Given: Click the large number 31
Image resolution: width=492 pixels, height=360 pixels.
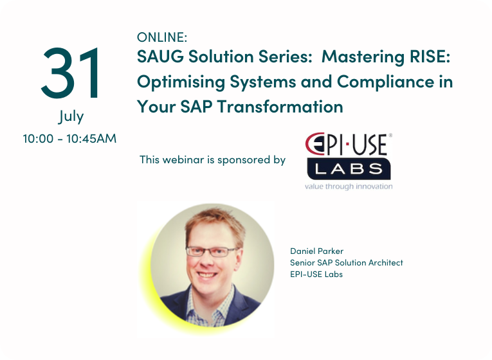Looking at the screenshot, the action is point(71,73).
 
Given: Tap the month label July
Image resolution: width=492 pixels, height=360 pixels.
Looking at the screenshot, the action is point(71,116).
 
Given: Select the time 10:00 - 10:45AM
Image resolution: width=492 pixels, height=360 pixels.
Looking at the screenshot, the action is point(69,138).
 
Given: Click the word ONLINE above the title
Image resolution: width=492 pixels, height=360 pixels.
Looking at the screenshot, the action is point(162,37).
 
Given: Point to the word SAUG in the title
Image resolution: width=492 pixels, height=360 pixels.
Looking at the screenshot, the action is point(160,57).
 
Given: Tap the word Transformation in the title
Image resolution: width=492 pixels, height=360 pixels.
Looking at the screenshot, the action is point(280,107).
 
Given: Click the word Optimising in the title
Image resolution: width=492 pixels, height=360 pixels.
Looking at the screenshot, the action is point(181,82).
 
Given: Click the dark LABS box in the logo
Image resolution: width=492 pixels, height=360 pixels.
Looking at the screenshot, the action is point(349,169).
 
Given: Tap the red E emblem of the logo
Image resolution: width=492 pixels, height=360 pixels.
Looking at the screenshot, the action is point(315,143).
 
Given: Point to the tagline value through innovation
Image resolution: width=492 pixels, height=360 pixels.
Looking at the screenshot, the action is point(349,186).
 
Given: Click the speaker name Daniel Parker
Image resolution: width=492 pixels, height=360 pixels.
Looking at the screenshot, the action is point(316,251).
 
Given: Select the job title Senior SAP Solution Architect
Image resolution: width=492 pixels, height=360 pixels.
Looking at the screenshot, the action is point(347,262).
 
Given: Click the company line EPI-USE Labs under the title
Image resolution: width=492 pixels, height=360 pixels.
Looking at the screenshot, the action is point(316,274).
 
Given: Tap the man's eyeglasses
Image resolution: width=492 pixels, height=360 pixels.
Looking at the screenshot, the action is point(212,251).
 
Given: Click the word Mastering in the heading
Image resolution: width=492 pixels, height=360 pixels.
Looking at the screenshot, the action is point(363,57).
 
